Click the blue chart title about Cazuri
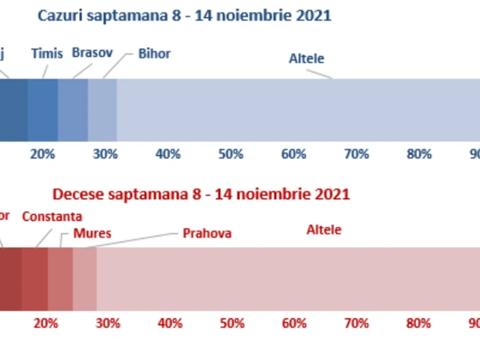tap(184, 16)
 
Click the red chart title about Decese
tap(201, 194)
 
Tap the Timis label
tap(47, 53)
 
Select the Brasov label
tap(92, 53)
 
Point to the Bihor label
tap(154, 54)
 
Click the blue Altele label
tap(306, 59)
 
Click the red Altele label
tap(324, 230)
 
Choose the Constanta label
tap(52, 217)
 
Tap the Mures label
tap(92, 234)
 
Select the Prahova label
tap(207, 234)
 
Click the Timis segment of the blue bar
tap(43, 110)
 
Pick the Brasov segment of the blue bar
tap(73, 110)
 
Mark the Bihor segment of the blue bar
tap(102, 110)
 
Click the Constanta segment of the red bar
tap(35, 279)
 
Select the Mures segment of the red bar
tap(60, 279)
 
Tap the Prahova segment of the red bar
tap(85, 279)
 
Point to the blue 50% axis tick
tap(231, 154)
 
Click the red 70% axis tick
tap(356, 323)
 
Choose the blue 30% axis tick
tap(105, 154)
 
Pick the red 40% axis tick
tap(170, 323)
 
